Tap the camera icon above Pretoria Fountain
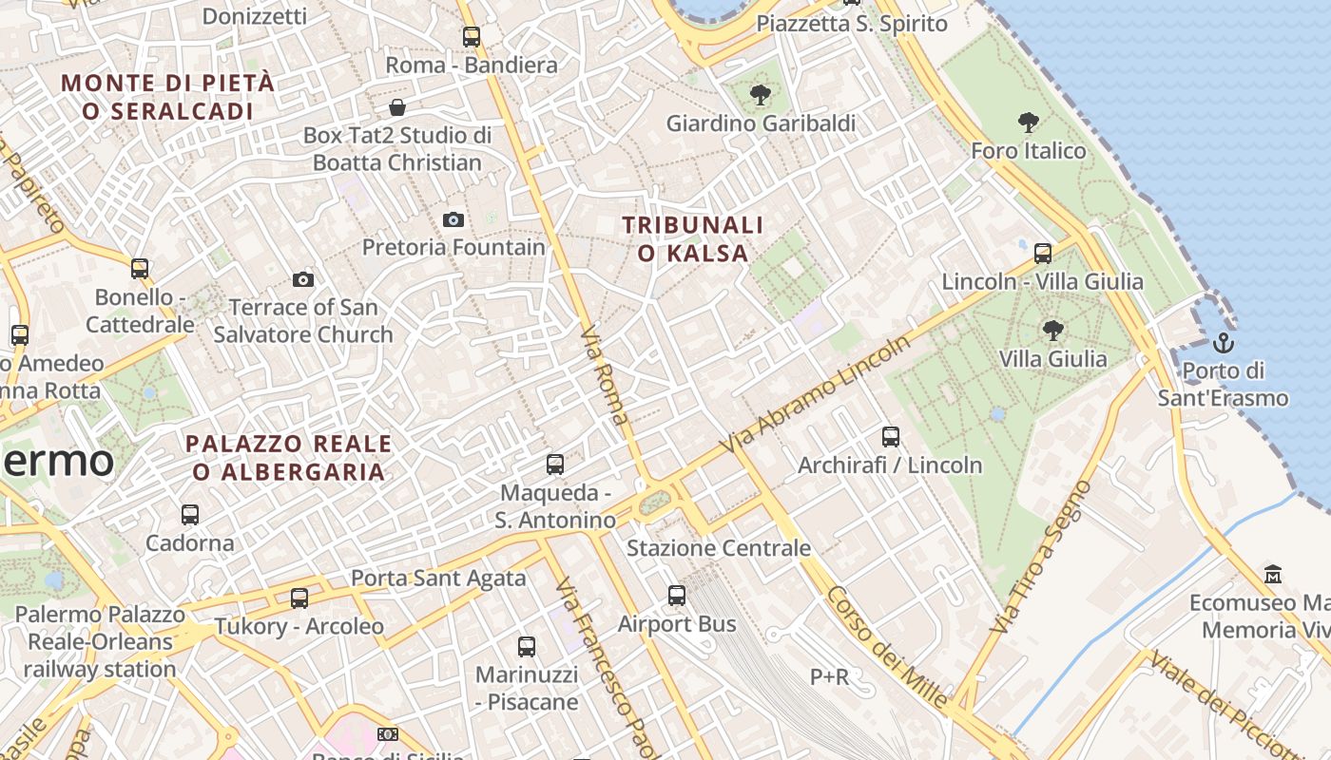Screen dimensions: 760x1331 pos(453,219)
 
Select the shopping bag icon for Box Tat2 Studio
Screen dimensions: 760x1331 pos(397,107)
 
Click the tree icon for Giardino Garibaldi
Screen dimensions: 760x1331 pos(760,94)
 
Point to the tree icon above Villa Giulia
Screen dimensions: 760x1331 pos(1052,330)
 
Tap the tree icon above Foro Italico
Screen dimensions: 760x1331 pos(1028,122)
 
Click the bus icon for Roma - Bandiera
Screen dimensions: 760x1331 pos(472,37)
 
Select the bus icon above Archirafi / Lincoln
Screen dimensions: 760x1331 pos(890,437)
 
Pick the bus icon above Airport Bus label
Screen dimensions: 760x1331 pos(677,596)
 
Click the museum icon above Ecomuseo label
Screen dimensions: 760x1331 pos(1273,574)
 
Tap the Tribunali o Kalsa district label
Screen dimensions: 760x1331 pos(693,238)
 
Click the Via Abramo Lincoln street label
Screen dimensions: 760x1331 pos(817,393)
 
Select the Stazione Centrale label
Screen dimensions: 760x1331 pos(719,548)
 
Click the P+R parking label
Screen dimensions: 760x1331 pos(829,676)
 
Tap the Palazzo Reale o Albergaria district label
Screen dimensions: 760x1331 pos(288,457)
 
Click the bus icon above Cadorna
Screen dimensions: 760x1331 pos(190,515)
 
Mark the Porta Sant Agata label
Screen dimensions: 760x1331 pos(438,578)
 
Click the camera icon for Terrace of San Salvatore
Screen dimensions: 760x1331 pos(303,279)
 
